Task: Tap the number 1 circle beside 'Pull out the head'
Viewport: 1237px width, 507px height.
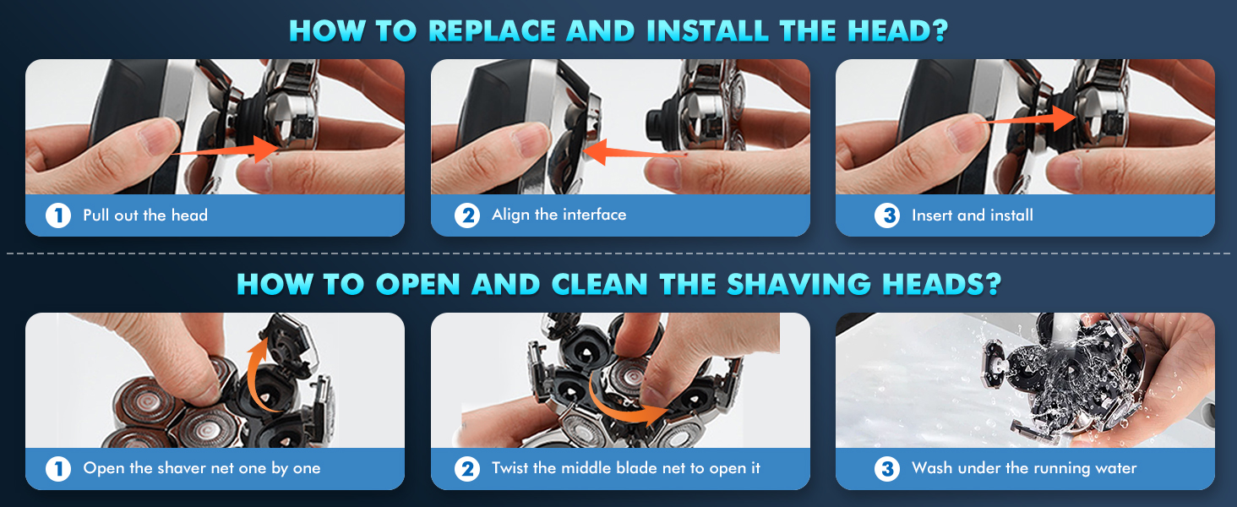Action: click(58, 215)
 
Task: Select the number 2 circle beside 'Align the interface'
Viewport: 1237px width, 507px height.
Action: click(466, 215)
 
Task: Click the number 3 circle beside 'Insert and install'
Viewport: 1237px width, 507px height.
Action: click(886, 215)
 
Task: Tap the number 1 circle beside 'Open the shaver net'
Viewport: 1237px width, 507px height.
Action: click(58, 468)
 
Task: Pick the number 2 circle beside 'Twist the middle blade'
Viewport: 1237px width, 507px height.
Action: click(466, 468)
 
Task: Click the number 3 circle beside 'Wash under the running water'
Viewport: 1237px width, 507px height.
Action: click(886, 468)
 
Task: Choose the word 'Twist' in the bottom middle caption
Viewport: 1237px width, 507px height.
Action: click(510, 468)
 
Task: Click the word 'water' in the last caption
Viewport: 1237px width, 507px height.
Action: click(1115, 468)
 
